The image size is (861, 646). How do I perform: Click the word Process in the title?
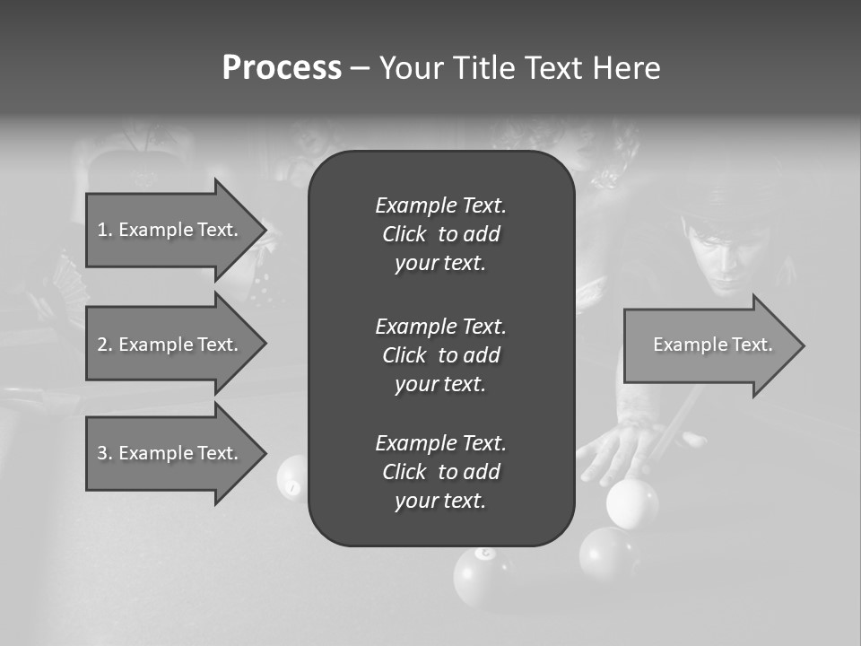point(282,68)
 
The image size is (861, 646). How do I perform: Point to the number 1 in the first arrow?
point(102,230)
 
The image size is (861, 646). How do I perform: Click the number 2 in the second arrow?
point(102,345)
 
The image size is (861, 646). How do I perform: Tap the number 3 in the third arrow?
point(102,453)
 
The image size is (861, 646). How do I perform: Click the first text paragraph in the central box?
point(440,234)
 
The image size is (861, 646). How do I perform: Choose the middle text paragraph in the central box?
point(440,354)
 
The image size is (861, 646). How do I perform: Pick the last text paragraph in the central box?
point(440,472)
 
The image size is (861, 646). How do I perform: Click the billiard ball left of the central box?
point(292,476)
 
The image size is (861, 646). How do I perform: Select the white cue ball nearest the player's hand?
point(632,502)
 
